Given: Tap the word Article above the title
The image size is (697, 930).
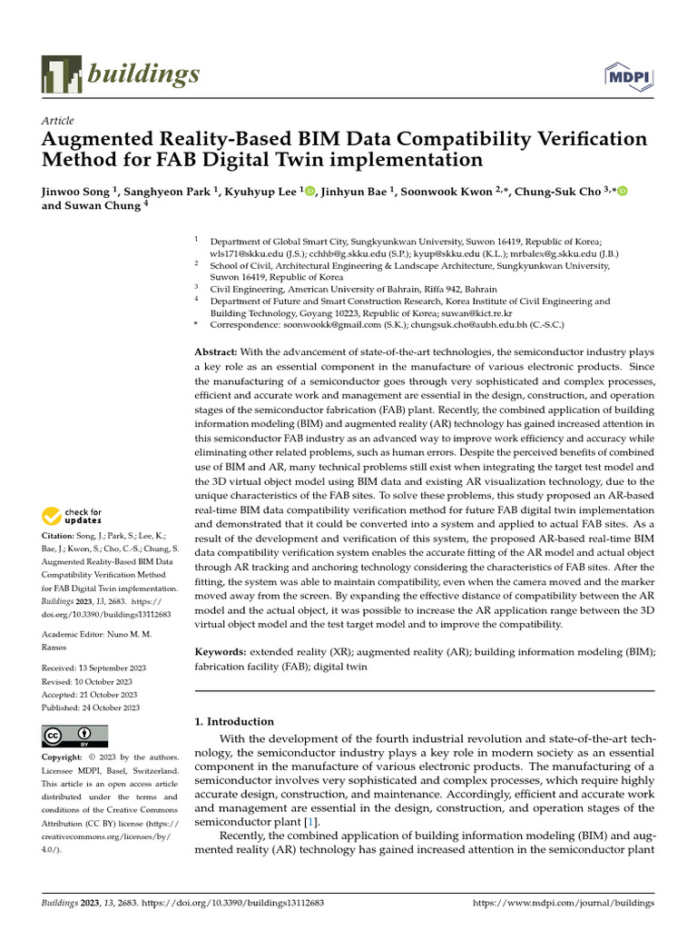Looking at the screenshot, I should [x=58, y=121].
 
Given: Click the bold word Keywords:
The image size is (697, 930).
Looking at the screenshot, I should [x=221, y=652].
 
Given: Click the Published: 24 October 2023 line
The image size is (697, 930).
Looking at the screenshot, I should [x=91, y=707].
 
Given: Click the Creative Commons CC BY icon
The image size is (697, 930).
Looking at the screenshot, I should [x=75, y=736].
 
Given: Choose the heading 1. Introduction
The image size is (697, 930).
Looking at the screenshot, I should [x=234, y=721].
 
